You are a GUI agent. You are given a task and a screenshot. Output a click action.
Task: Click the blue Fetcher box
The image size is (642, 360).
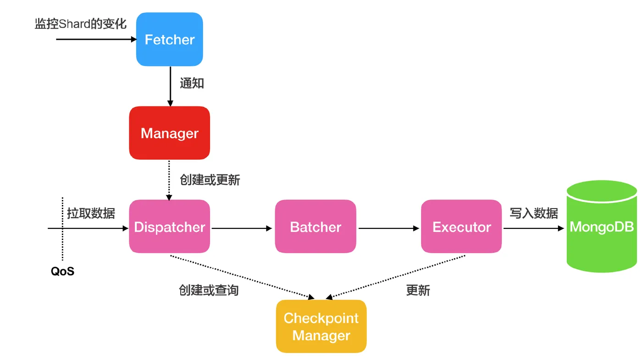(x=169, y=39)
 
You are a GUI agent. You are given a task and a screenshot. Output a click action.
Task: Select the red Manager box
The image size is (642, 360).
(x=169, y=133)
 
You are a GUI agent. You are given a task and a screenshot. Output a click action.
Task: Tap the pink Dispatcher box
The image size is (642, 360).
(x=169, y=227)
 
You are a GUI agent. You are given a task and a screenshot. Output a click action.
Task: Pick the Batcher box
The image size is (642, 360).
(x=315, y=227)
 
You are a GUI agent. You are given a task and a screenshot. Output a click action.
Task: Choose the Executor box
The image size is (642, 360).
(x=461, y=227)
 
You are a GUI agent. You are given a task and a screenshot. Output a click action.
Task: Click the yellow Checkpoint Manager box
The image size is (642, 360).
(x=321, y=327)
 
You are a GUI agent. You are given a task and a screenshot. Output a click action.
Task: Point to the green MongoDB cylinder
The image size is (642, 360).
(x=602, y=227)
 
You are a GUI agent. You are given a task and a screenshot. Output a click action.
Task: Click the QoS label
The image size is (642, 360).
(x=62, y=271)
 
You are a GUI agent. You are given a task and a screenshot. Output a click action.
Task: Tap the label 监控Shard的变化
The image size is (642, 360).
(x=81, y=24)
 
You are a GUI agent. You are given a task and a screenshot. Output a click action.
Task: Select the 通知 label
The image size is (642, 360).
(x=192, y=83)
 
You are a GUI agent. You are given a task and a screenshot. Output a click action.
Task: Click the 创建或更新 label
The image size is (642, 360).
(x=210, y=180)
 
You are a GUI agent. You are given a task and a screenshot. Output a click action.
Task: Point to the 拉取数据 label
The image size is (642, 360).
(x=91, y=214)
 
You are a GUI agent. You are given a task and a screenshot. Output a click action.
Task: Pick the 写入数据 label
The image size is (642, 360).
(x=534, y=214)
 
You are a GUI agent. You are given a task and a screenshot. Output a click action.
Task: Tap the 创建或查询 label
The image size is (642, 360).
(x=209, y=290)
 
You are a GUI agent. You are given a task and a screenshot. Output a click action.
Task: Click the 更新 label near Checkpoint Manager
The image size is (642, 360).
(x=418, y=290)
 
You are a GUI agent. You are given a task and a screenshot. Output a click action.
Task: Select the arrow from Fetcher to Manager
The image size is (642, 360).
(x=170, y=86)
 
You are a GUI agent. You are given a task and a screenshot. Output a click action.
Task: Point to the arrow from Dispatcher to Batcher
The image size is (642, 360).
(x=242, y=228)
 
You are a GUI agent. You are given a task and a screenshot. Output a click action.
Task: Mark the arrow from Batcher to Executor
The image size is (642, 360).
(x=389, y=228)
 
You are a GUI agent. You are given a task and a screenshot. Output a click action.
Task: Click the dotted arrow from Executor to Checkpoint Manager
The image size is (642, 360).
(x=395, y=277)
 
